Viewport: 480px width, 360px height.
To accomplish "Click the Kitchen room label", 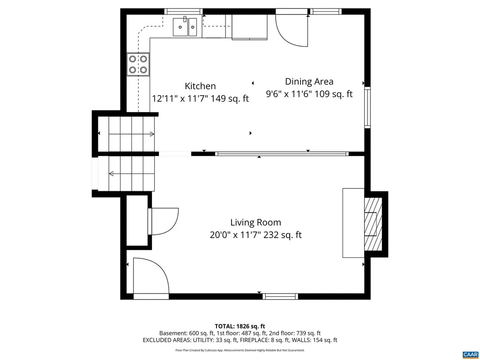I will tap(200, 86).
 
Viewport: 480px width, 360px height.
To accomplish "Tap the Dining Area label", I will tap(309, 82).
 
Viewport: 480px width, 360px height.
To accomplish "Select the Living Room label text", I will tap(255, 223).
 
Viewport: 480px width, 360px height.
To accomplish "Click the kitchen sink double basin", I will tap(185, 27).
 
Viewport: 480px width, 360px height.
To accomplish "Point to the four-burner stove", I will tap(138, 65).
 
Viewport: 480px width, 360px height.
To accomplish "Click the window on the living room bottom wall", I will tap(280, 296).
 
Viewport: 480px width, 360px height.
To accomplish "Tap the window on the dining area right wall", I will tap(367, 107).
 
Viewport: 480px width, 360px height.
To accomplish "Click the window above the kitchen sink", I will tap(183, 11).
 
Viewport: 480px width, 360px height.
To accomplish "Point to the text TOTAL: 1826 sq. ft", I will tap(240, 326).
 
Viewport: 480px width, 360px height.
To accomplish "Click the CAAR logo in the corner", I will tap(469, 354).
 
